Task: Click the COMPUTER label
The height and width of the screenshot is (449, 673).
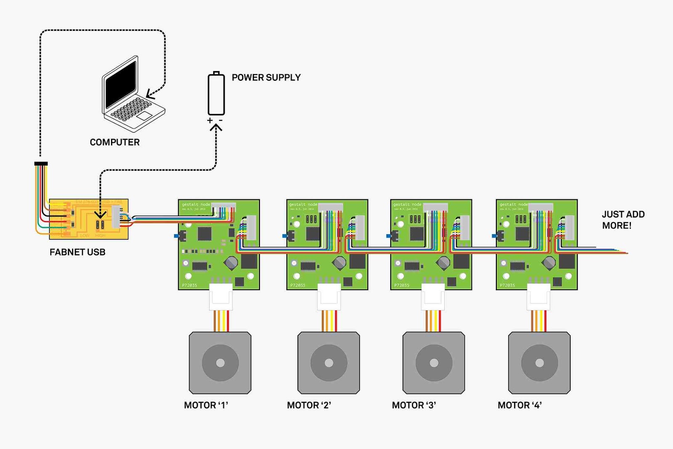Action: (114, 142)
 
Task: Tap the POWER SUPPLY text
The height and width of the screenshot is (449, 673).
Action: (266, 77)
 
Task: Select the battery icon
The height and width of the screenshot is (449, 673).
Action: (216, 94)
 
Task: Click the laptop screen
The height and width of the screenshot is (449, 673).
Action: (121, 85)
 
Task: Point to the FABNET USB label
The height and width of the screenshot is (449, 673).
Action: (77, 252)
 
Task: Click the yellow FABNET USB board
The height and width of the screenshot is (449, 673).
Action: (89, 219)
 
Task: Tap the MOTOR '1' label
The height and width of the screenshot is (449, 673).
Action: (206, 405)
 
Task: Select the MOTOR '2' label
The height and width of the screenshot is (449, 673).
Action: (309, 405)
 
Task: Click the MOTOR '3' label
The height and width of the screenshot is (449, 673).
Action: (414, 405)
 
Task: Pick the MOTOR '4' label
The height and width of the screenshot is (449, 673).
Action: (519, 405)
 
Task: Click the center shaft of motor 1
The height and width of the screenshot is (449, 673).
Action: (220, 363)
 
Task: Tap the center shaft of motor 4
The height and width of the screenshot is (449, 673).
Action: (539, 363)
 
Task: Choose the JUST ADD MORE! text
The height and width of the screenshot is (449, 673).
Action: (623, 220)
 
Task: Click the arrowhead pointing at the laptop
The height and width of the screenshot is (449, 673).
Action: (149, 94)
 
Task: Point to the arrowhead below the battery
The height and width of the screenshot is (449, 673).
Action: (216, 127)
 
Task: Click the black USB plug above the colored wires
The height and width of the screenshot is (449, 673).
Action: (41, 163)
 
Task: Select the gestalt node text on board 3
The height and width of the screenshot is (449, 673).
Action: (407, 205)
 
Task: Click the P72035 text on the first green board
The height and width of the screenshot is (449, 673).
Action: (189, 285)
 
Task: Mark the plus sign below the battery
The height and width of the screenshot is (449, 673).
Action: (210, 121)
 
